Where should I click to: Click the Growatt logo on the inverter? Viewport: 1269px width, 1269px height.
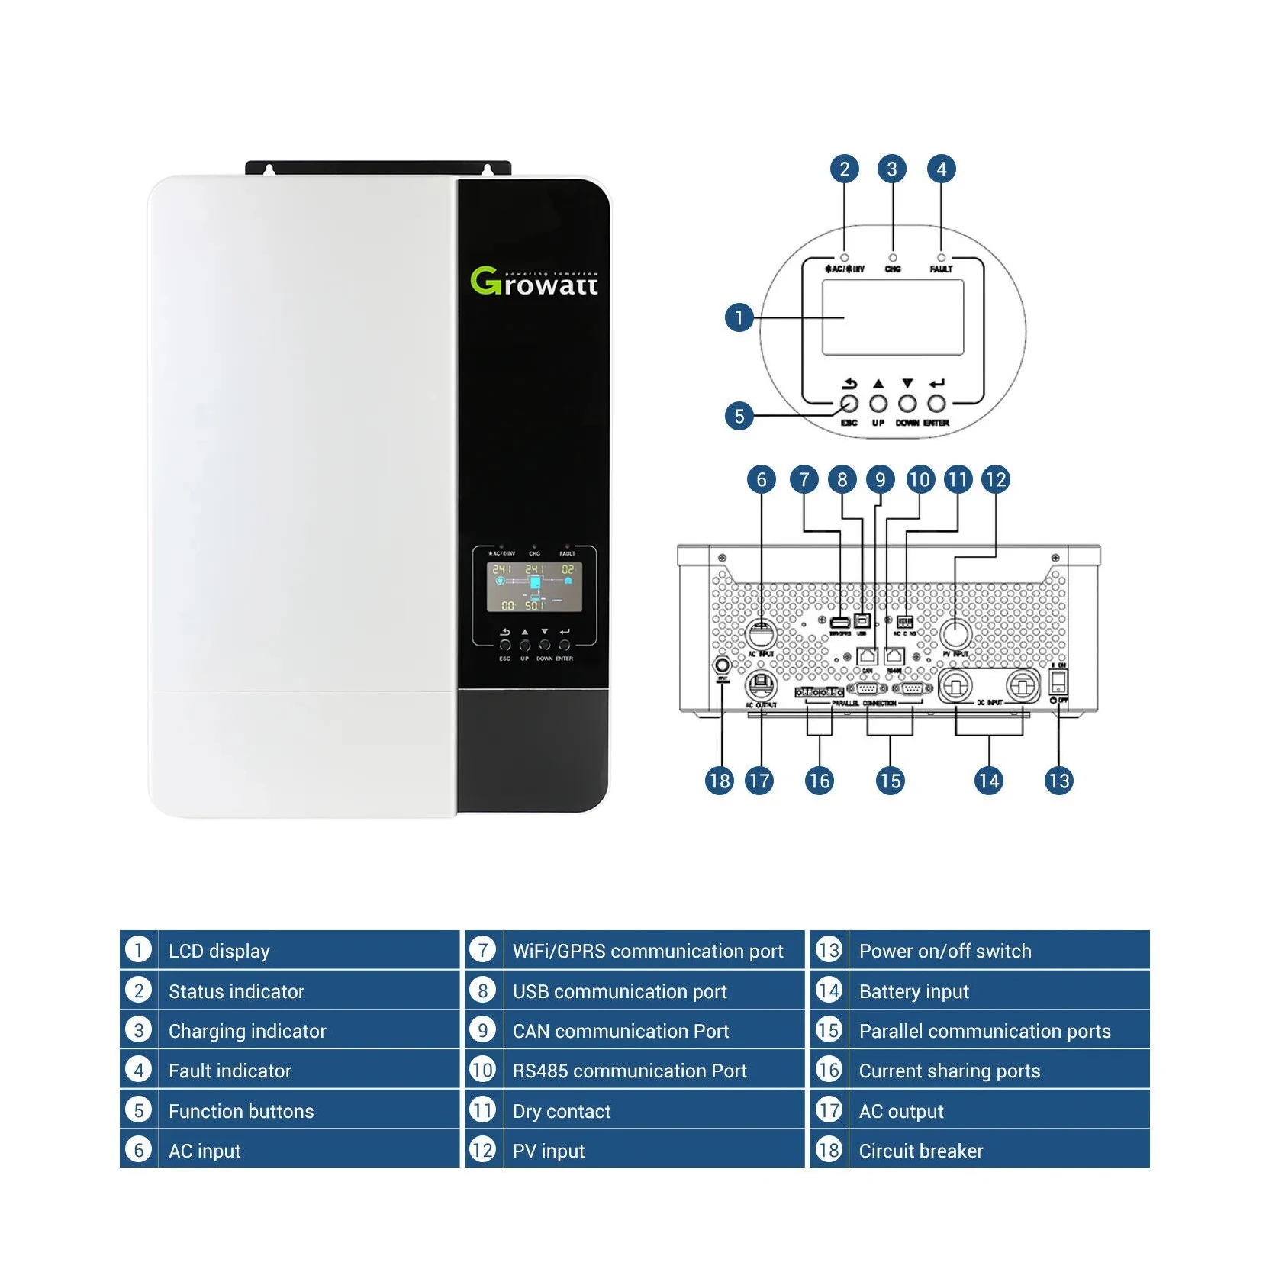(x=534, y=282)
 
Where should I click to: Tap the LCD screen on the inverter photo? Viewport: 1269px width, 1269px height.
(x=534, y=587)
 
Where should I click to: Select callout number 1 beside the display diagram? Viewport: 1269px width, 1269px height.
(x=738, y=317)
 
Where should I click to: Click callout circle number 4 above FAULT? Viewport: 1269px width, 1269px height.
(x=941, y=169)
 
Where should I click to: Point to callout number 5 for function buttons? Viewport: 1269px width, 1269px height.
(x=738, y=416)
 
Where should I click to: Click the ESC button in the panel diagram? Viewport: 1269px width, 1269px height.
(x=849, y=404)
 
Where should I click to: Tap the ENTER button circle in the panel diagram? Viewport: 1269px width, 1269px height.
(x=936, y=404)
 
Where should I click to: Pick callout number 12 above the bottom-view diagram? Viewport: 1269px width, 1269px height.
(x=996, y=479)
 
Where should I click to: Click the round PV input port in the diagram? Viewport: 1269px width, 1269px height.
(x=955, y=633)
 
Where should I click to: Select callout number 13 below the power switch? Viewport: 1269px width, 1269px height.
(x=1058, y=781)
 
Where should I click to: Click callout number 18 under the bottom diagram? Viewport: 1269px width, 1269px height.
(x=719, y=781)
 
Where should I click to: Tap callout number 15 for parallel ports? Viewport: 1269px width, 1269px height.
(x=890, y=781)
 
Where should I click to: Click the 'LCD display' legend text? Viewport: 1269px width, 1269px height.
(x=219, y=951)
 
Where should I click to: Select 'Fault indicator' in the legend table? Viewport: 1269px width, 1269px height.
(x=230, y=1071)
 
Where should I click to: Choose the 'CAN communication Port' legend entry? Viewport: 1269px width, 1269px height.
(x=620, y=1031)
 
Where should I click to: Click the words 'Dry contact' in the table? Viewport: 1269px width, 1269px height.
(x=562, y=1111)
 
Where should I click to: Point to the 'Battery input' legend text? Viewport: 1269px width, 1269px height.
(x=913, y=991)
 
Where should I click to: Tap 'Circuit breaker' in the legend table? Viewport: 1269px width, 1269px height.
(x=921, y=1151)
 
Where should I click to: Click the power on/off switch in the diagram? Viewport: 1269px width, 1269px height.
(x=1058, y=681)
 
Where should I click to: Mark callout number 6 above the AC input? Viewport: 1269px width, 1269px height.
(x=761, y=479)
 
